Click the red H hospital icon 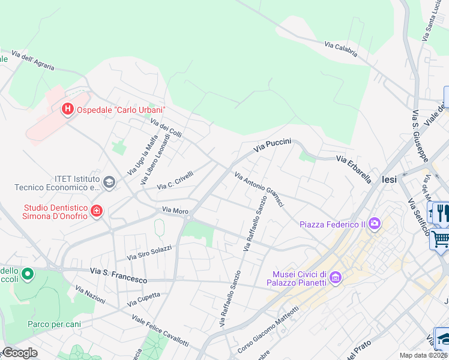coord(67,109)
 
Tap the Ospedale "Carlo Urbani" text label coord(120,110)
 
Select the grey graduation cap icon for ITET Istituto coord(109,182)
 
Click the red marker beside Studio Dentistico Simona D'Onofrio coord(96,211)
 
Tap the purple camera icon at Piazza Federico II coord(375,224)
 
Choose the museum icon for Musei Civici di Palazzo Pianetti coord(335,278)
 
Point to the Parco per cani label coord(54,324)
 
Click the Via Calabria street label coord(341,49)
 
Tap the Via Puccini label coord(273,145)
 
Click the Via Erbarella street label coord(354,169)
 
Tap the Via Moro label coord(175,211)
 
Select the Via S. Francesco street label coord(118,276)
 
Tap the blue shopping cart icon coord(440,239)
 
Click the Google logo coord(19,353)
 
